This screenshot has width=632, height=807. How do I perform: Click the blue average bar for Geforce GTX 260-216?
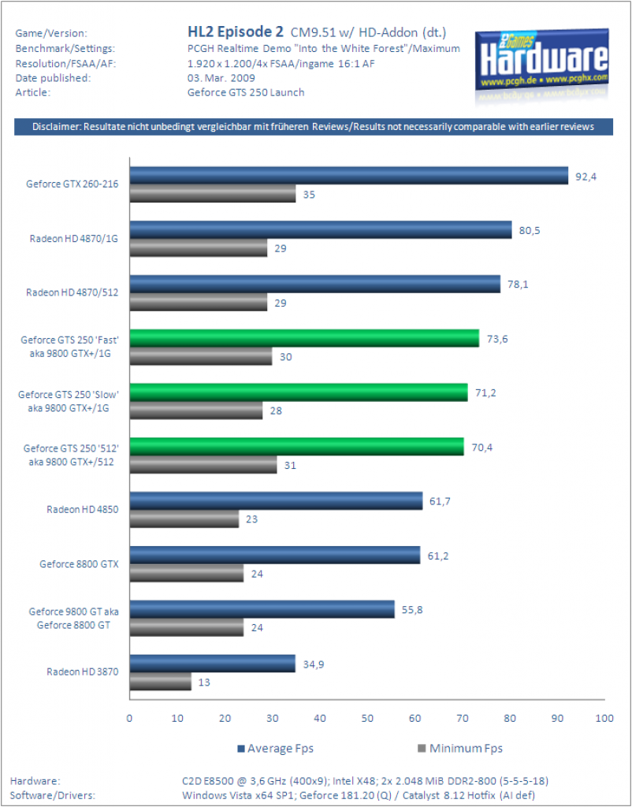(349, 176)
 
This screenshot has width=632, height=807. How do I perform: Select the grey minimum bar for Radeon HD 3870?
(161, 682)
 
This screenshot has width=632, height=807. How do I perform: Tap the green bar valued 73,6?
(304, 338)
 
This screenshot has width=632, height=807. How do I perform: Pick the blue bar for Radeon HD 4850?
(276, 500)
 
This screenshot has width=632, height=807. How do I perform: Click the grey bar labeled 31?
(203, 465)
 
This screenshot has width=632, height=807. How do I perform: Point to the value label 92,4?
(586, 177)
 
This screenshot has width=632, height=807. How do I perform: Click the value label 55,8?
(412, 610)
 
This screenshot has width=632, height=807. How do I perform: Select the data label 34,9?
(314, 664)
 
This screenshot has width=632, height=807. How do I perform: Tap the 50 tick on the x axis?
(367, 718)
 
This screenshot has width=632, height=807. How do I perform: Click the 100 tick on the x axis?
(604, 718)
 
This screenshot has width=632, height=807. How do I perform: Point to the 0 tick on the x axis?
(130, 718)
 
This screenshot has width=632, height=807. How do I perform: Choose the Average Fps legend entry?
(275, 749)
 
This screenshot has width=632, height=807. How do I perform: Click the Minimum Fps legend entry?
(460, 749)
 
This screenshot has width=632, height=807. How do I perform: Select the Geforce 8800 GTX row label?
(80, 564)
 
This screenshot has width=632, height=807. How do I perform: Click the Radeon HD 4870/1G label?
(74, 238)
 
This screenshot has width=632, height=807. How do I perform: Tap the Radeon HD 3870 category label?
(83, 671)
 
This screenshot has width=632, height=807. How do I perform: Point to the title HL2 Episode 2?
(235, 32)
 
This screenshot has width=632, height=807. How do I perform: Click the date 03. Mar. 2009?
(221, 78)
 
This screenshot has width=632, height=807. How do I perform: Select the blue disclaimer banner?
(314, 127)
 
